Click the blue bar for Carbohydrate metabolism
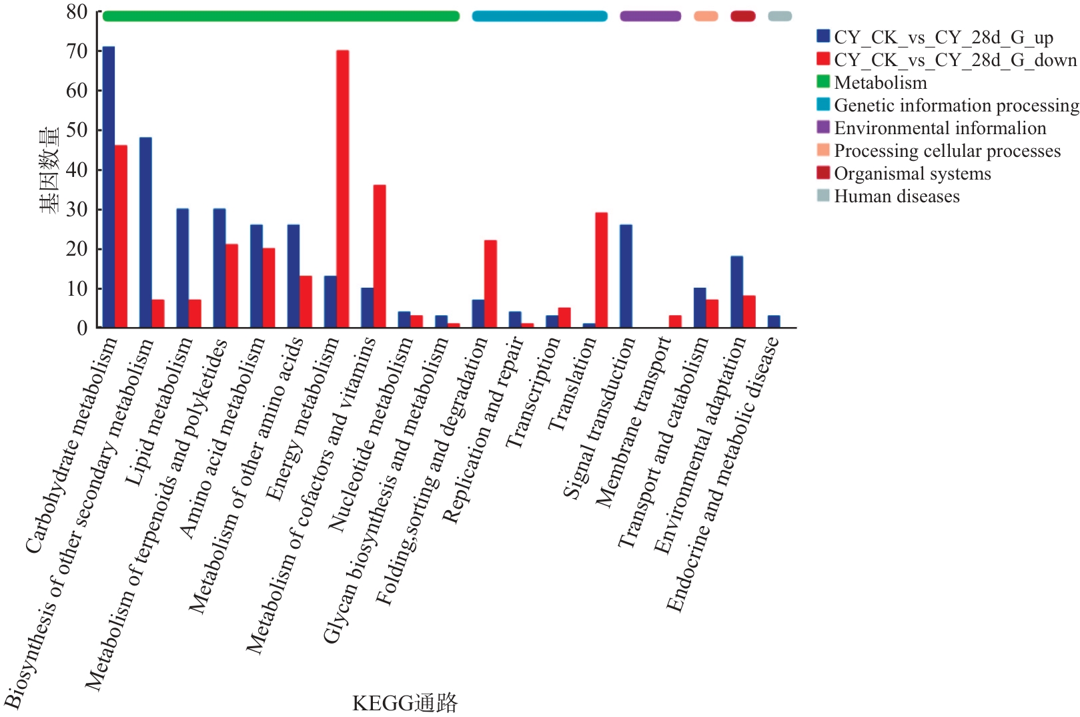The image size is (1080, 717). [109, 187]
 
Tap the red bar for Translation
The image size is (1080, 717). [601, 270]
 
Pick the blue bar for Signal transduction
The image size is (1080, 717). [626, 276]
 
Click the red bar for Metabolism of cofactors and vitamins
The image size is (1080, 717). [380, 256]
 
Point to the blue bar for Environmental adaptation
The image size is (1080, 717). [736, 292]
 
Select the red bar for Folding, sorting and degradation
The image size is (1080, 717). [490, 284]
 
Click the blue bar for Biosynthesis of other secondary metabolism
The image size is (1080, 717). [145, 232]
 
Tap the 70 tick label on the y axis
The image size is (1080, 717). [77, 51]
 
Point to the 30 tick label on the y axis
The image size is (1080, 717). [77, 209]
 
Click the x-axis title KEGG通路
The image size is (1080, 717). [405, 703]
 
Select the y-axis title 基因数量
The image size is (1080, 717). [49, 170]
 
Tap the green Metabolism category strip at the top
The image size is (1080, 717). [281, 16]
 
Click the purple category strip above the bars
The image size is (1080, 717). [650, 16]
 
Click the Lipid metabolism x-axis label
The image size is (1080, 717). [159, 412]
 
